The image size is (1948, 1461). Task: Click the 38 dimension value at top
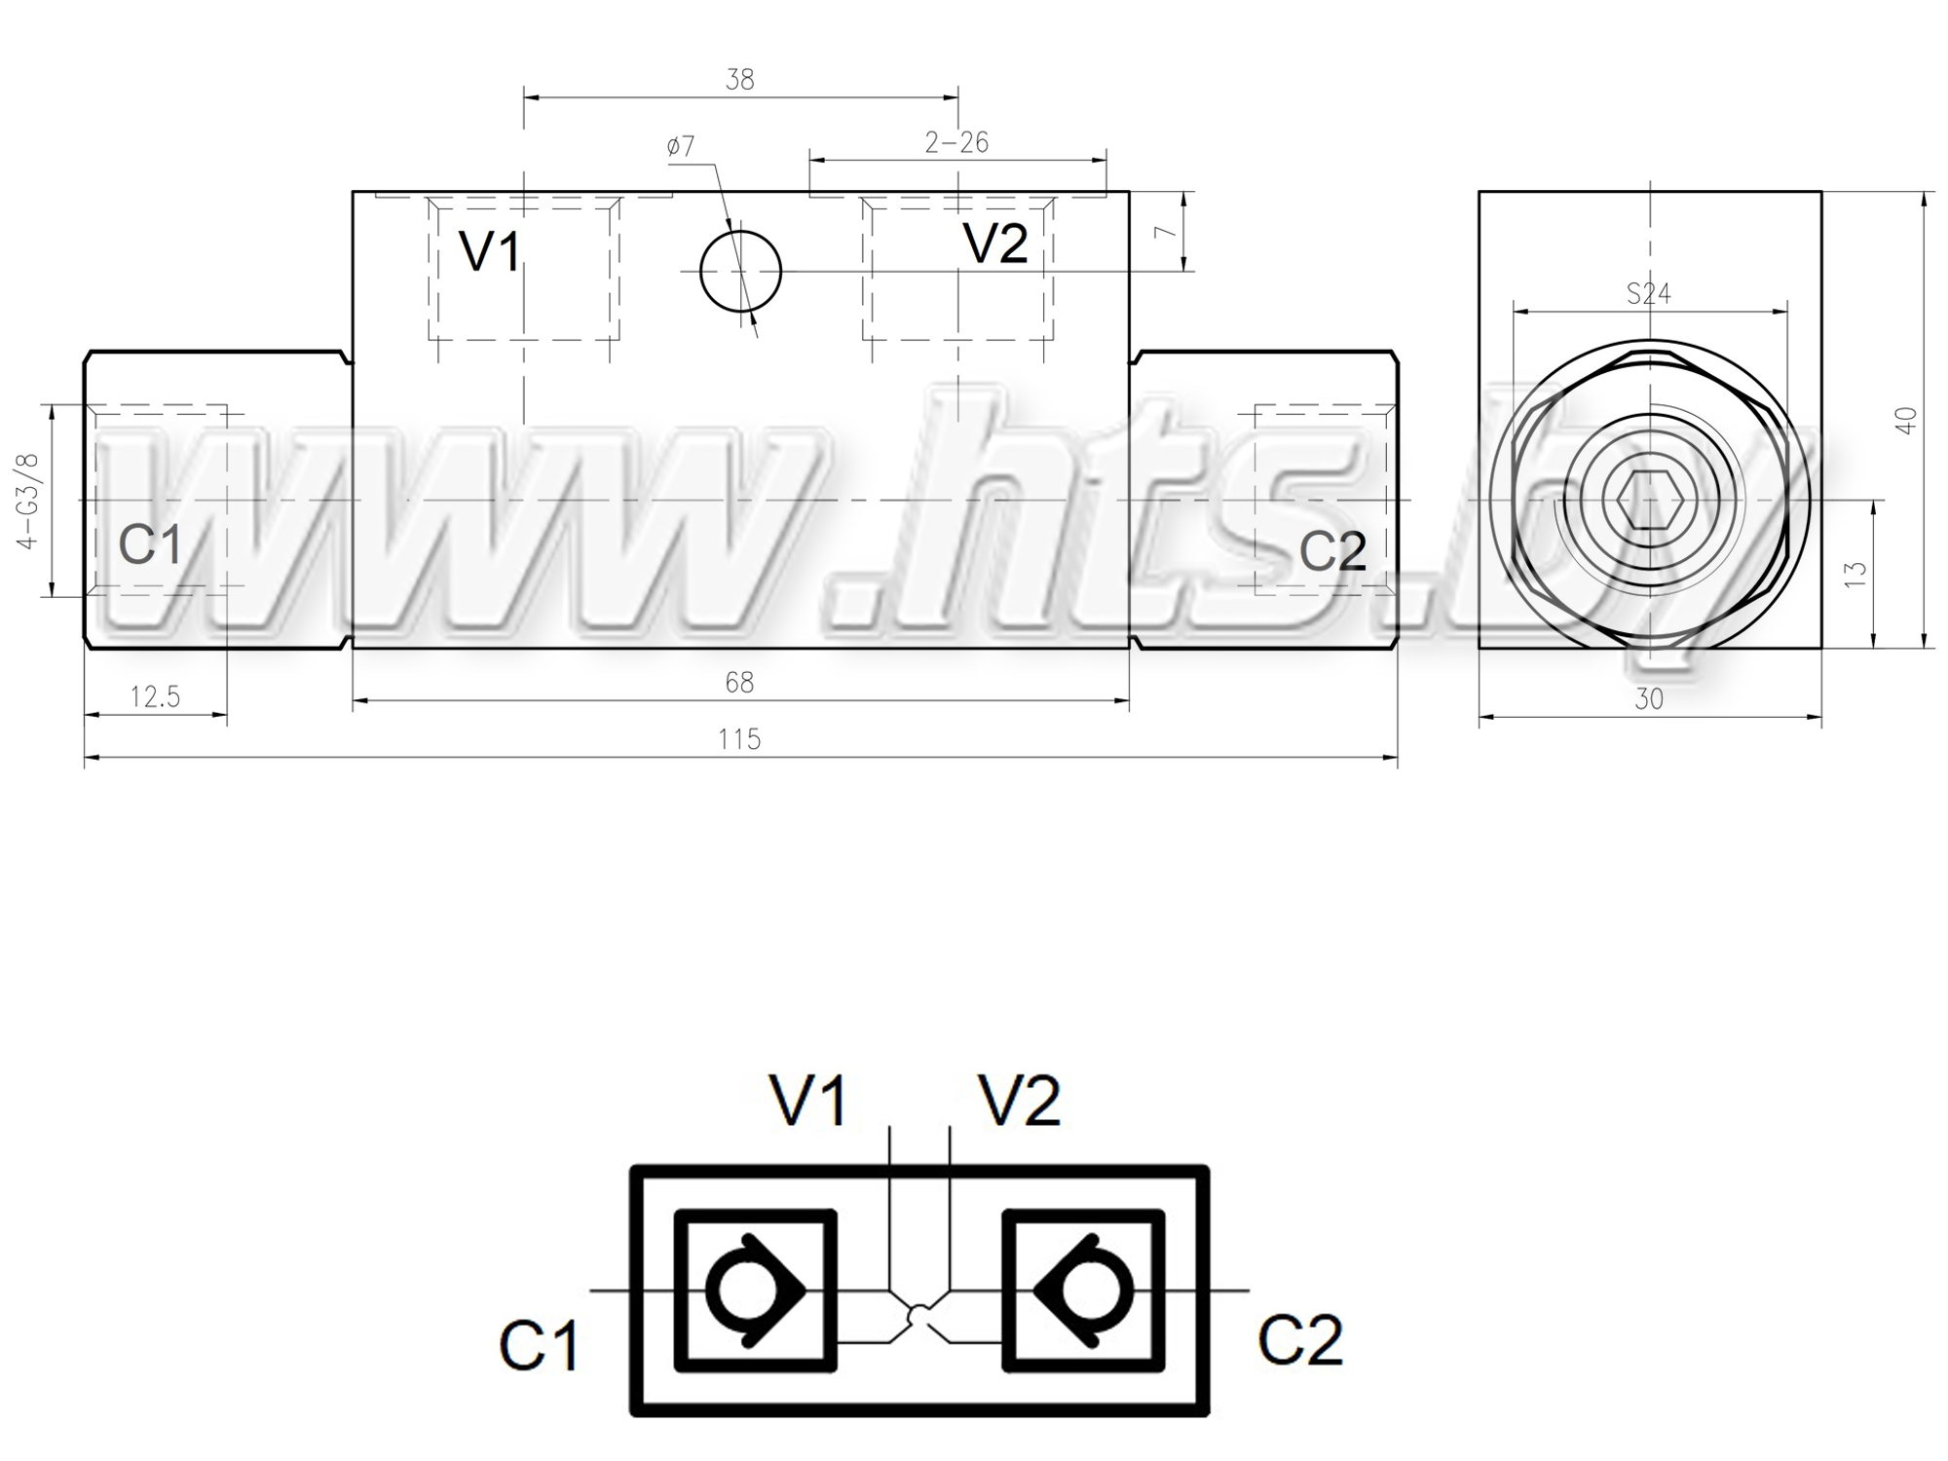740,80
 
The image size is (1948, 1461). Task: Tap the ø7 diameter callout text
681,146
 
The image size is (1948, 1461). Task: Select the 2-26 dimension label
956,143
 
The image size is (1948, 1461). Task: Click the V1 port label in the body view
490,252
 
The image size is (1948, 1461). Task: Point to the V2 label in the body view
995,243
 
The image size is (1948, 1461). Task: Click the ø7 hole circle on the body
740,232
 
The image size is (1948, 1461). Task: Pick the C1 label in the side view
150,543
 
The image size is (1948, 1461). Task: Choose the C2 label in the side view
1332,551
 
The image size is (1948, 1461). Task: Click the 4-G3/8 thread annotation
28,501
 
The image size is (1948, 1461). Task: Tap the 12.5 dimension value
156,697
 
